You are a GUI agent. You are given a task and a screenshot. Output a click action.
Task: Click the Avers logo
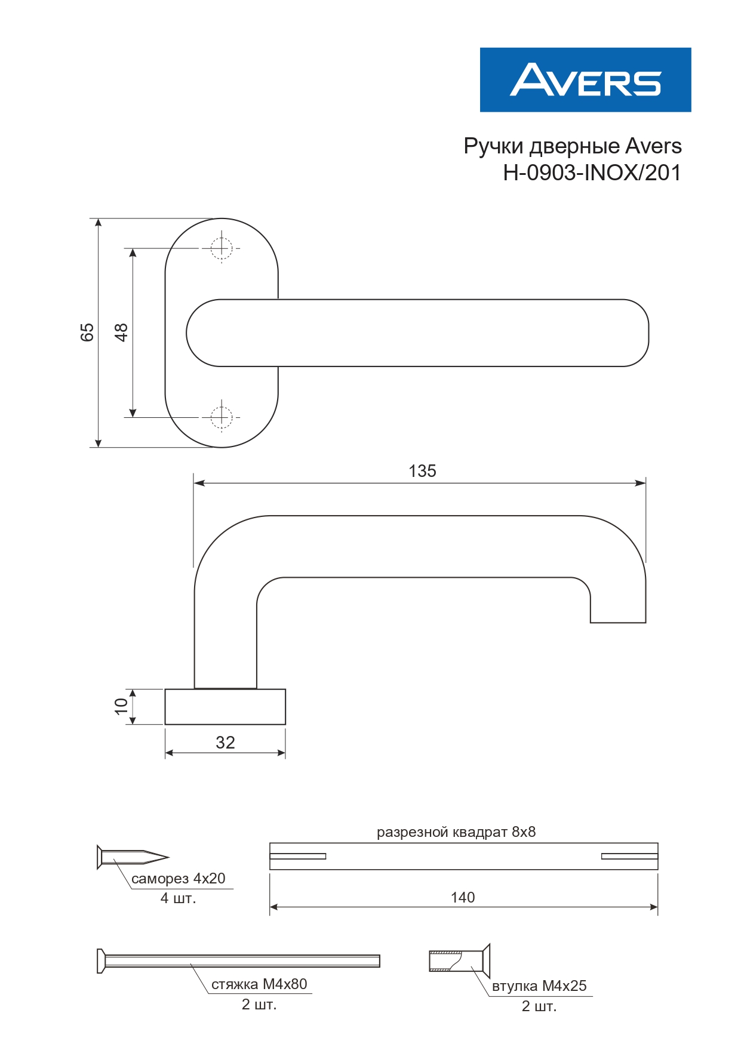click(585, 80)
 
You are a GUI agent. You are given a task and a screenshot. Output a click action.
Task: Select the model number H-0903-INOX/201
click(592, 173)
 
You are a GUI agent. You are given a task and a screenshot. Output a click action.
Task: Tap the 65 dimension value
click(87, 332)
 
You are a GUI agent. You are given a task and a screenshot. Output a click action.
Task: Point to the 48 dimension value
click(121, 332)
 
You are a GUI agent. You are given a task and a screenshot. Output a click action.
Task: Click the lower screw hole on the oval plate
click(222, 417)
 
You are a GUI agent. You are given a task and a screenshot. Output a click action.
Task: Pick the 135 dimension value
click(422, 471)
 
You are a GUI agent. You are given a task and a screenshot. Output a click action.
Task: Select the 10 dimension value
click(121, 707)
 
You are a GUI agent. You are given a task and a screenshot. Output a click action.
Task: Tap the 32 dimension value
click(225, 743)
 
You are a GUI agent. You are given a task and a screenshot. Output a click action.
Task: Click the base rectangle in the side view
click(225, 707)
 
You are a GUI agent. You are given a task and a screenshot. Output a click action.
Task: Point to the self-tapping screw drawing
click(133, 857)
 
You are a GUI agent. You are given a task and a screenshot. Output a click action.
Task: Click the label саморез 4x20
click(178, 879)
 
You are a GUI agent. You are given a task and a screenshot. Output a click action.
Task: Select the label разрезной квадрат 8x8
click(456, 832)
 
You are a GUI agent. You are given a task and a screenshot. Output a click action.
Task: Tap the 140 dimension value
click(463, 897)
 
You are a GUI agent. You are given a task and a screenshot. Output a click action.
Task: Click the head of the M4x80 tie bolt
click(101, 961)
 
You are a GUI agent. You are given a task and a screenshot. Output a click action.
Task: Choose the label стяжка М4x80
click(259, 984)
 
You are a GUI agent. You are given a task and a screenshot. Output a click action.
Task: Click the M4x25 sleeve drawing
click(460, 961)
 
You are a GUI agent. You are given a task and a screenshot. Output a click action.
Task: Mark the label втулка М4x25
click(539, 986)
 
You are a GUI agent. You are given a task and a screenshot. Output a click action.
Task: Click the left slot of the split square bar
click(298, 856)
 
